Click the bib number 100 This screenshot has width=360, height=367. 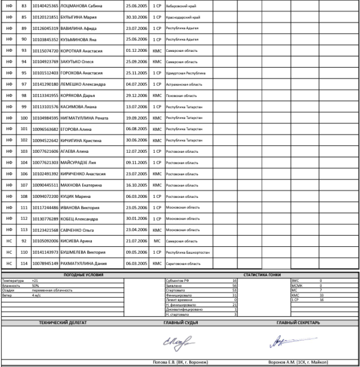tap(24, 118)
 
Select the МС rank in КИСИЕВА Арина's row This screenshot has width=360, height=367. tap(156, 241)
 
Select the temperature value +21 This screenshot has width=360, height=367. tap(35, 279)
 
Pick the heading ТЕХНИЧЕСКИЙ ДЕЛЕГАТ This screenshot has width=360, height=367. tap(63, 323)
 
